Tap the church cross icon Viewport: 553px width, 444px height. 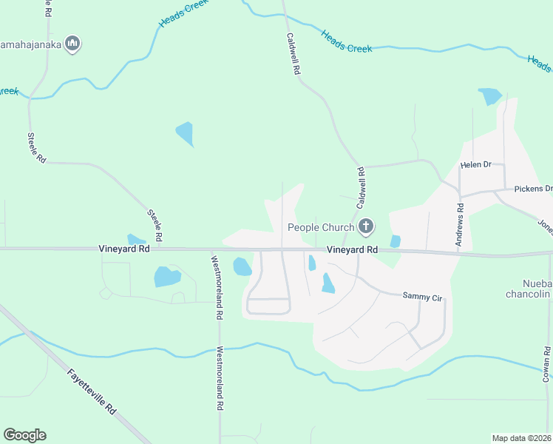point(364,226)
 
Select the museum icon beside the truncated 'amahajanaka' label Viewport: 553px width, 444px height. point(72,44)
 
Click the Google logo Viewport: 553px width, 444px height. point(24,435)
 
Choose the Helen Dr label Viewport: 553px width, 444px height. point(475,165)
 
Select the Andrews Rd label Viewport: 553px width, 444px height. point(460,221)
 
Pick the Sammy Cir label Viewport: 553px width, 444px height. point(422,297)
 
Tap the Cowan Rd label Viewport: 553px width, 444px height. point(547,365)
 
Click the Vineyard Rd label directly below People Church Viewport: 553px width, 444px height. point(353,250)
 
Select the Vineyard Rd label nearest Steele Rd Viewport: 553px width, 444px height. point(123,250)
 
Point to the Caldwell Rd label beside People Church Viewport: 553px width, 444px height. point(362,188)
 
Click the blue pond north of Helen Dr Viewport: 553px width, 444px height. point(490,96)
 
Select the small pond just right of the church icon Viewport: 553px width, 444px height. point(395,240)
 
